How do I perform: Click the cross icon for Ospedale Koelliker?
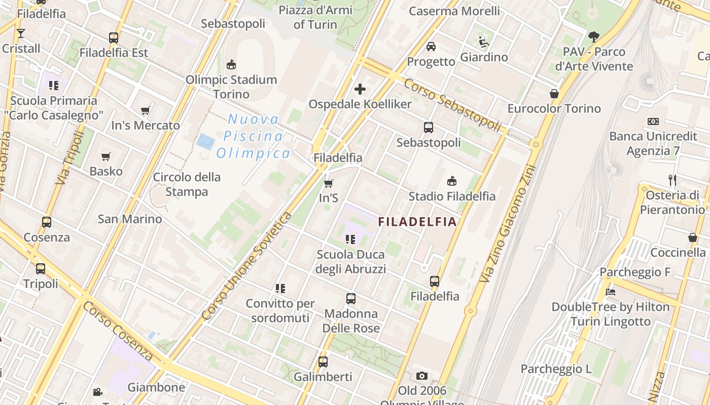pyautogui.click(x=360, y=90)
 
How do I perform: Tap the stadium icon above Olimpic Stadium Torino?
pyautogui.click(x=231, y=64)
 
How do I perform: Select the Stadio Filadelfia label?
pyautogui.click(x=452, y=196)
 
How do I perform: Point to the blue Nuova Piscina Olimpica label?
pyautogui.click(x=253, y=136)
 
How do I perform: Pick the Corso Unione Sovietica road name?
pyautogui.click(x=247, y=266)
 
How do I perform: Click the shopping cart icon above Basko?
pyautogui.click(x=105, y=157)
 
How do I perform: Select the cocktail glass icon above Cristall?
pyautogui.click(x=20, y=34)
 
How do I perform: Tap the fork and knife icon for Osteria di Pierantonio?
pyautogui.click(x=672, y=180)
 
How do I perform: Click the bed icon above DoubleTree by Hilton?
pyautogui.click(x=611, y=292)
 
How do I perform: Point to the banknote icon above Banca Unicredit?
pyautogui.click(x=653, y=121)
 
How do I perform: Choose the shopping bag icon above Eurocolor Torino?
pyautogui.click(x=554, y=94)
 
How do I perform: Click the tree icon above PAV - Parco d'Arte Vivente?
pyautogui.click(x=593, y=36)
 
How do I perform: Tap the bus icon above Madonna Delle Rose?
pyautogui.click(x=351, y=299)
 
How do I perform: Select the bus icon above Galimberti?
pyautogui.click(x=323, y=362)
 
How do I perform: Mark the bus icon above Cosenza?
pyautogui.click(x=47, y=222)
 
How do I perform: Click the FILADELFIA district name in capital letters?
pyautogui.click(x=418, y=222)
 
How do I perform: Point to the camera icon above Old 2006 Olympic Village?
pyautogui.click(x=421, y=376)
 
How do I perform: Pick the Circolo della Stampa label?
pyautogui.click(x=187, y=184)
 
